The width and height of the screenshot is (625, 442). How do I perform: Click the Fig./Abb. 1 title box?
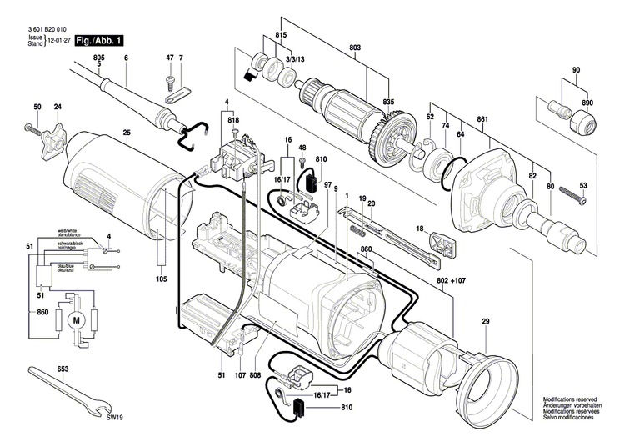coord(98,40)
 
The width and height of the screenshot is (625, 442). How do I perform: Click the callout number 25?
coord(127,133)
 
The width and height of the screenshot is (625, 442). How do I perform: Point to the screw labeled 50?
coord(30,128)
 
